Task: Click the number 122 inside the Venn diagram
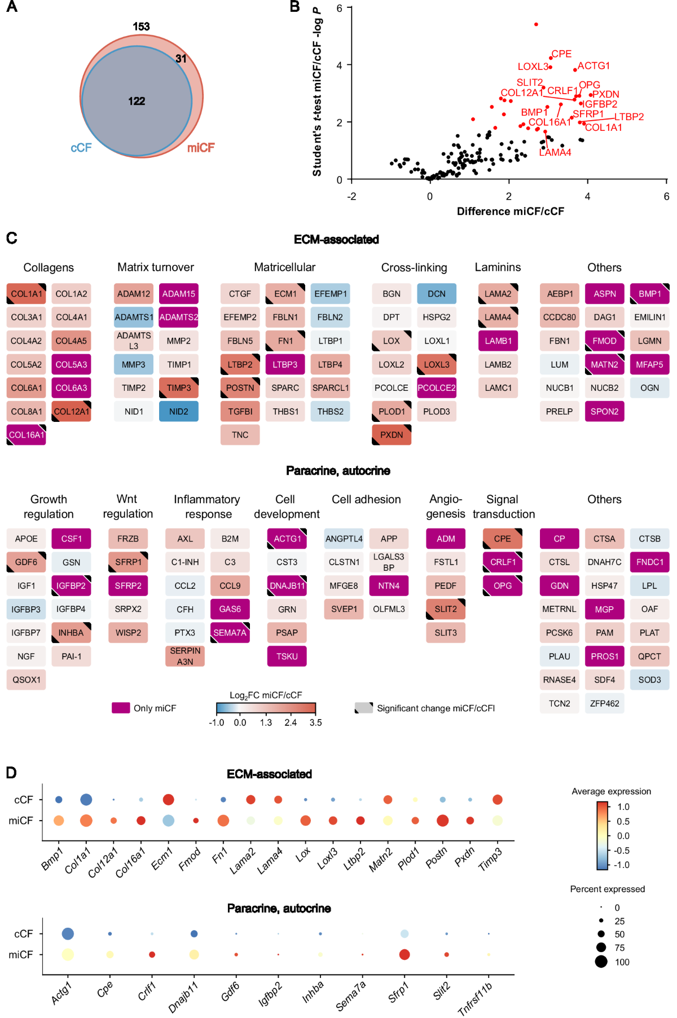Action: tap(137, 101)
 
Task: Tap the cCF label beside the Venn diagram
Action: tap(81, 148)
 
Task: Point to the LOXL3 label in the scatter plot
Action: tap(533, 67)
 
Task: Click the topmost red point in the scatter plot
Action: tap(536, 24)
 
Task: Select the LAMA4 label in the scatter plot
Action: tap(555, 152)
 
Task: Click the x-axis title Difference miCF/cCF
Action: tap(510, 211)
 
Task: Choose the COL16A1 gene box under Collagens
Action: tap(26, 435)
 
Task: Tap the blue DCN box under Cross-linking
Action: tap(436, 294)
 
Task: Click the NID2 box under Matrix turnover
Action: tap(178, 412)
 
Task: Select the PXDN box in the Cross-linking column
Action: tap(392, 435)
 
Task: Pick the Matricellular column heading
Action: tap(284, 267)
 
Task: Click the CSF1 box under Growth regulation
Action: tap(71, 539)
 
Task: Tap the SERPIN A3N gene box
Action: tap(185, 656)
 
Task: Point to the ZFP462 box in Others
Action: tap(604, 703)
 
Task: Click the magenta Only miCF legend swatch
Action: tap(121, 708)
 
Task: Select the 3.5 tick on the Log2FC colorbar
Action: tap(315, 722)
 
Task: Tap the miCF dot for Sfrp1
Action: tap(404, 954)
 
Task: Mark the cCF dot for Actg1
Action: tap(68, 933)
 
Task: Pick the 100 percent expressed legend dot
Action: tap(601, 962)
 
